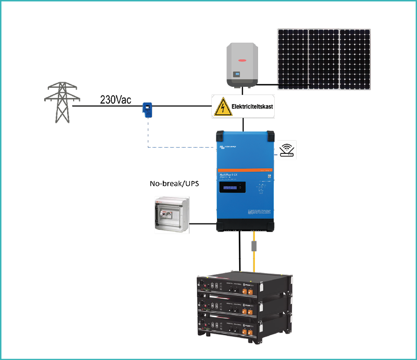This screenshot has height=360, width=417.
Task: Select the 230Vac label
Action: tap(116, 100)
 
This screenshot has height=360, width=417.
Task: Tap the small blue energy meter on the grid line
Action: tap(147, 109)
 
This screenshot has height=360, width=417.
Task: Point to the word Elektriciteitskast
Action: tap(251, 107)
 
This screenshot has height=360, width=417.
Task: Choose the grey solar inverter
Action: tap(242, 64)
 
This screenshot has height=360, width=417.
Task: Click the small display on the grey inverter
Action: tap(236, 75)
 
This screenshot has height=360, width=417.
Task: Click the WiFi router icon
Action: tap(287, 150)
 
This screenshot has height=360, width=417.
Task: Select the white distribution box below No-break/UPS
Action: tap(171, 215)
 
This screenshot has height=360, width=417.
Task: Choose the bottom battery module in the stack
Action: tap(244, 324)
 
